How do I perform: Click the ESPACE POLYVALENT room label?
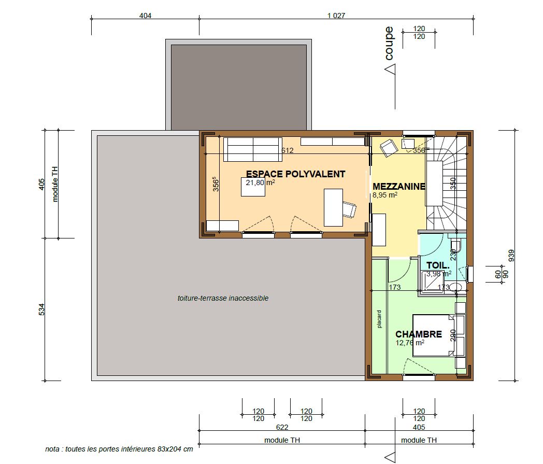(x=295, y=174)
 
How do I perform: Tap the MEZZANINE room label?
(x=399, y=186)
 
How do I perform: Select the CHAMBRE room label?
(x=419, y=334)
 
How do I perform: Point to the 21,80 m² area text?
(x=260, y=182)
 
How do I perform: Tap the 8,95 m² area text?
(x=385, y=195)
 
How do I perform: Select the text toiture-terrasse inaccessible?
(x=223, y=298)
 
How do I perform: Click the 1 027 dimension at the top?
(x=336, y=16)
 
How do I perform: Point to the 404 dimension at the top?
(x=146, y=16)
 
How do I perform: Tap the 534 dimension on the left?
(x=42, y=310)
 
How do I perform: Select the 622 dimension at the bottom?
(x=282, y=427)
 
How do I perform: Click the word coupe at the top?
(x=389, y=44)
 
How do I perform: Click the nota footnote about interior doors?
(x=119, y=449)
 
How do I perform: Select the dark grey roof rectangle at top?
(x=239, y=86)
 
